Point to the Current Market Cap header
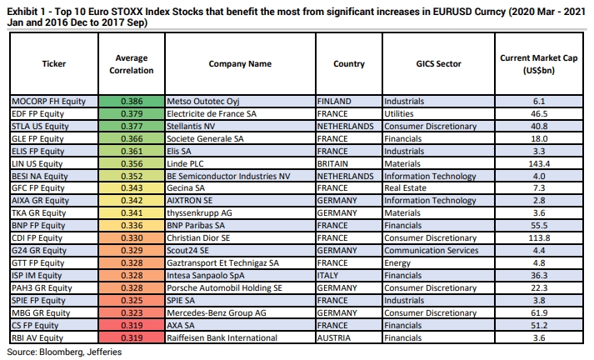(538, 64)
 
